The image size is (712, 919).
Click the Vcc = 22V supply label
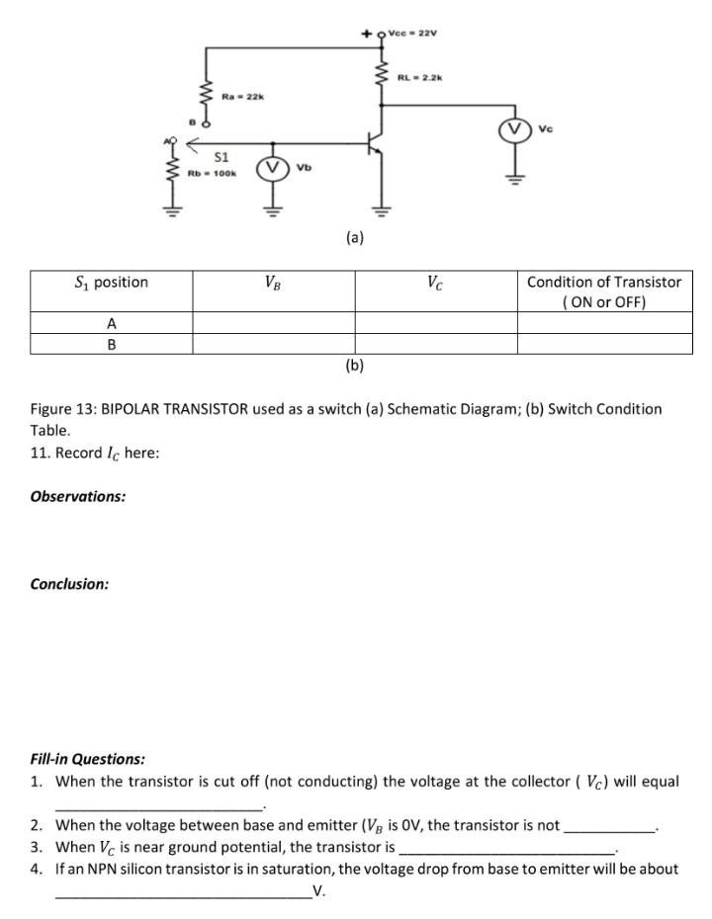pos(413,33)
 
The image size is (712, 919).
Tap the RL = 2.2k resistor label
pos(420,76)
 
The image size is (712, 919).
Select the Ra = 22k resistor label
pos(241,96)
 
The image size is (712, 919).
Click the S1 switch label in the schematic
pos(222,157)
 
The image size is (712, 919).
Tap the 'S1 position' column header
pos(112,283)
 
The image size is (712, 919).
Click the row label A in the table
pos(112,323)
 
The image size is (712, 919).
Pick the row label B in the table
pos(112,344)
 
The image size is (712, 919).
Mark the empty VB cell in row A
pos(273,323)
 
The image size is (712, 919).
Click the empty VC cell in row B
pos(435,344)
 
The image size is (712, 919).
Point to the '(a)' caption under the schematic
pos(355,237)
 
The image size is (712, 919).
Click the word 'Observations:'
pos(78,496)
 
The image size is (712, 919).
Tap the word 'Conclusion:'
pos(69,584)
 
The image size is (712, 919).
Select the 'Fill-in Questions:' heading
pos(88,759)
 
